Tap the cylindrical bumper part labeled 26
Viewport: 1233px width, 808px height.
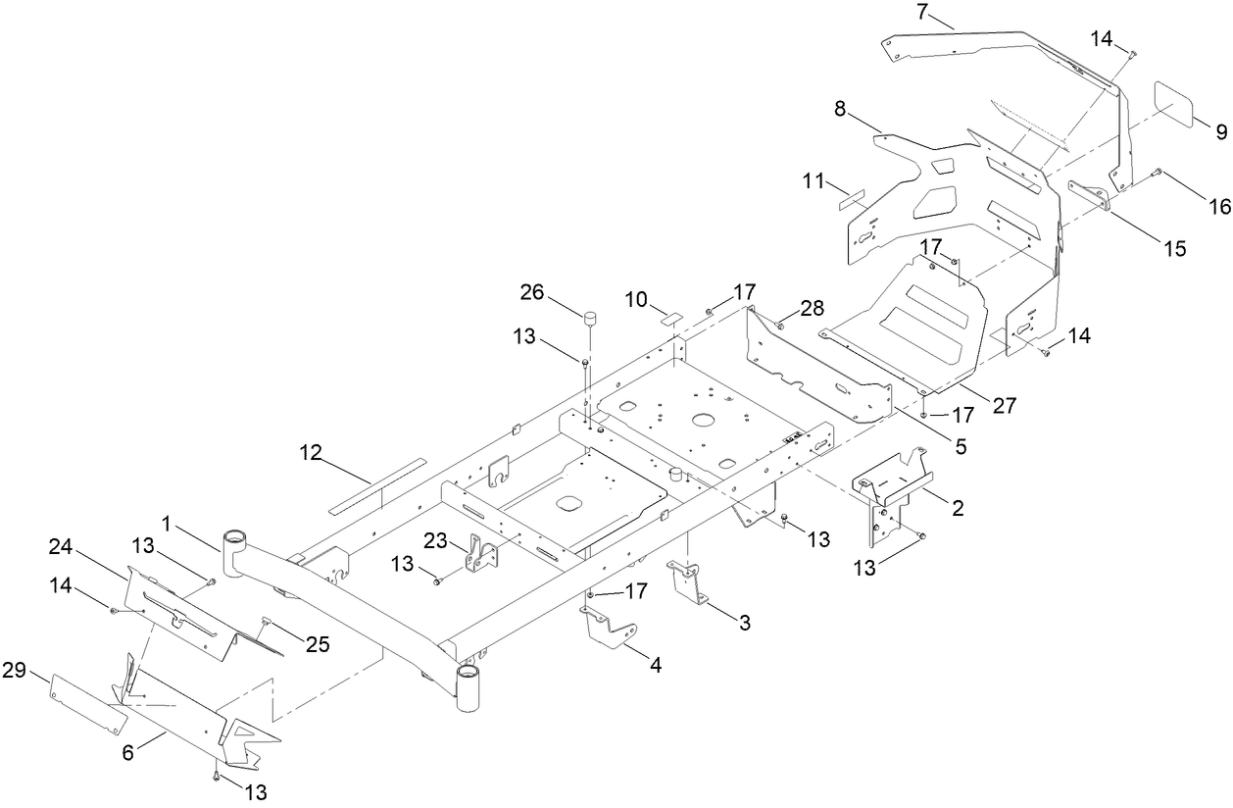pyautogui.click(x=591, y=319)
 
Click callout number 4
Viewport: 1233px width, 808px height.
pyautogui.click(x=656, y=664)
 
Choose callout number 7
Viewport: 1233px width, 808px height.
pyautogui.click(x=921, y=13)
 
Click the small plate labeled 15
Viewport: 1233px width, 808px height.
pyautogui.click(x=1088, y=195)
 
